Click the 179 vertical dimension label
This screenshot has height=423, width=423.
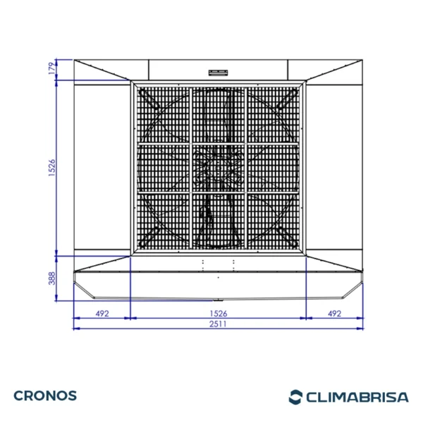click(x=52, y=68)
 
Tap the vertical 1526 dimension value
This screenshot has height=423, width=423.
click(x=52, y=168)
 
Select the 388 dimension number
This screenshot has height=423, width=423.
click(x=52, y=278)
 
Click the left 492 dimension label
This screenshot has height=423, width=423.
click(x=102, y=314)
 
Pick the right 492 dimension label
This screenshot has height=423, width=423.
click(x=334, y=314)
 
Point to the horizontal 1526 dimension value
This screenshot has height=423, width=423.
click(x=219, y=314)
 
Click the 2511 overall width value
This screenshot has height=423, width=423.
click(x=218, y=324)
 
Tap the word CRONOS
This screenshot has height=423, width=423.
click(x=45, y=396)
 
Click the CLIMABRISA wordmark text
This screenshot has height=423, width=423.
click(x=357, y=397)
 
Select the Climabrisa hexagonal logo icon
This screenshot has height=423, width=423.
click(x=295, y=397)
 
